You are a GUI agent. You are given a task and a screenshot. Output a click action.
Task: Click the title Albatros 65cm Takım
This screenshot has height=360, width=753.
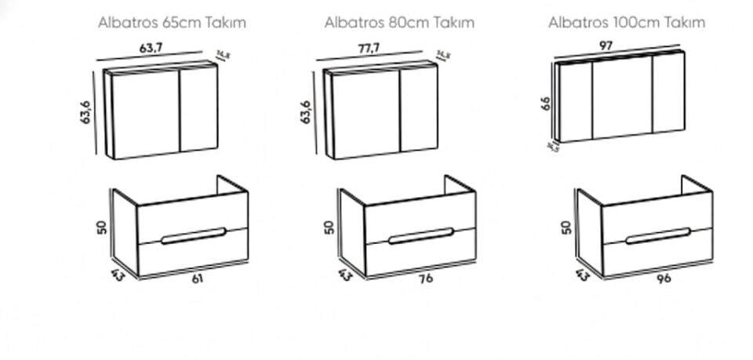(172, 23)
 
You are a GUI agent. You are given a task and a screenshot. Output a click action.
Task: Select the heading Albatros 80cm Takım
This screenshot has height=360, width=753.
(399, 23)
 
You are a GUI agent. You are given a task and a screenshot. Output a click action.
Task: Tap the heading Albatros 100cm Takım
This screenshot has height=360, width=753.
(626, 23)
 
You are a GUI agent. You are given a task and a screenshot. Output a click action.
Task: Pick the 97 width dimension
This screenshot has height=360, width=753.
(606, 46)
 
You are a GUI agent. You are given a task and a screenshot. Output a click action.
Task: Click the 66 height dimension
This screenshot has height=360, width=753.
(545, 104)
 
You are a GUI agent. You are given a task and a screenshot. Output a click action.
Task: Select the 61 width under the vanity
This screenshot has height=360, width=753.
(196, 278)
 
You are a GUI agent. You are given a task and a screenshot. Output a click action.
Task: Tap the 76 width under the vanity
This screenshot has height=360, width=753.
(426, 278)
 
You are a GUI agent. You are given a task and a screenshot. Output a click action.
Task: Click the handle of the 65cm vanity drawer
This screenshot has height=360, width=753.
(193, 235)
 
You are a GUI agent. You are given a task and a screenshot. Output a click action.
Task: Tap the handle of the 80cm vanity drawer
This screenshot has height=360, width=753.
(420, 235)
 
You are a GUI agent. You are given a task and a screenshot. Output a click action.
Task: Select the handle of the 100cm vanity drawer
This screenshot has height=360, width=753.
(657, 235)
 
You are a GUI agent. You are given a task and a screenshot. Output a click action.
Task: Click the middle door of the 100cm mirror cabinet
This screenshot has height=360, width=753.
(623, 96)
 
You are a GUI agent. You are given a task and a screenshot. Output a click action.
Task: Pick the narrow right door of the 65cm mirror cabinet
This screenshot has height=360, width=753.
(198, 110)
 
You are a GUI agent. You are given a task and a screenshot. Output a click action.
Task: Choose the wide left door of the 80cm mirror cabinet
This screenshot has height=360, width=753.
(366, 115)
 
